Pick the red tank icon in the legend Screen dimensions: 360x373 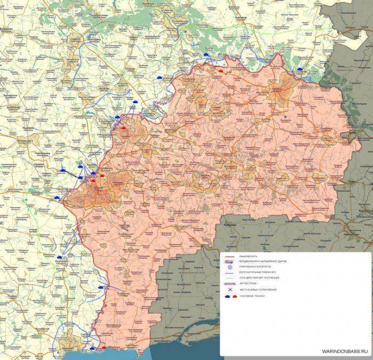[x=235, y=296]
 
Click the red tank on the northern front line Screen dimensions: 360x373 [x=220, y=70]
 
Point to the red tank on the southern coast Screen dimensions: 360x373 [x=103, y=348]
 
